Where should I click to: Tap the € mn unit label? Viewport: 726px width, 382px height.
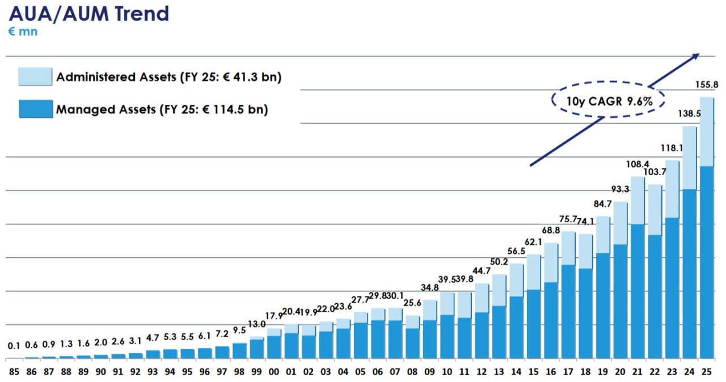point(23,32)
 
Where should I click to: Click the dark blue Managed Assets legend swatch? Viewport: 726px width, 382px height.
point(36,109)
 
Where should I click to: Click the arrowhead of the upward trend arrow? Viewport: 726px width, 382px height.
point(697,56)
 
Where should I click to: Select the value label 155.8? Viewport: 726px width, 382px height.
point(707,85)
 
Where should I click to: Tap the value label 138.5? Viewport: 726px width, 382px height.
point(690,114)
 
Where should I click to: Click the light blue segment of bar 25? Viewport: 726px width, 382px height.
point(707,131)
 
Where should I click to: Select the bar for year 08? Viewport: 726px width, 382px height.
point(412,337)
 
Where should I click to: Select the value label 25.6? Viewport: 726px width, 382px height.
point(412,304)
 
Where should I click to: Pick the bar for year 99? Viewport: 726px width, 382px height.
point(256,347)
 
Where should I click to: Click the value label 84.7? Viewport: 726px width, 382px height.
point(603,204)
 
